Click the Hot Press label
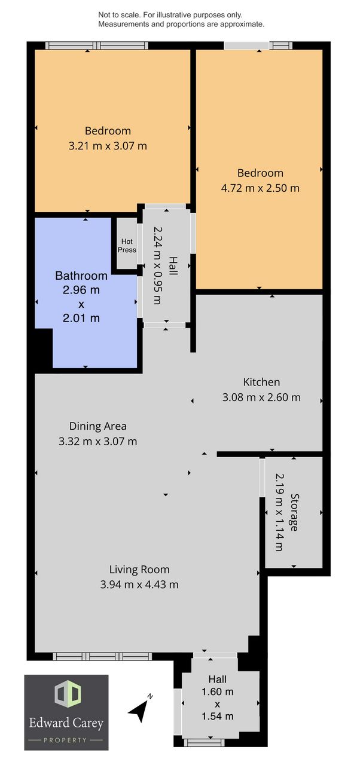[x=127, y=246]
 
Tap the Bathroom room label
[x=81, y=276]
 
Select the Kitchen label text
[x=261, y=382]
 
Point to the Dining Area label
[x=97, y=426]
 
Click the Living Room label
[x=139, y=570]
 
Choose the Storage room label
[x=294, y=512]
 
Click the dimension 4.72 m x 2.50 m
[x=260, y=188]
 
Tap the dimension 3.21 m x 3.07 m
[x=108, y=146]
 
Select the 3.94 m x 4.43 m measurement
[x=139, y=585]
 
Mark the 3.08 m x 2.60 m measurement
[x=261, y=397]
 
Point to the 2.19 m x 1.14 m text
[x=279, y=512]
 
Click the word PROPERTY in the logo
[x=65, y=740]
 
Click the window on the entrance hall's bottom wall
[x=205, y=752]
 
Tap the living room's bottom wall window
[x=102, y=656]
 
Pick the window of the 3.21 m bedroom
[x=97, y=45]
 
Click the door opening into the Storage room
[x=262, y=478]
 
